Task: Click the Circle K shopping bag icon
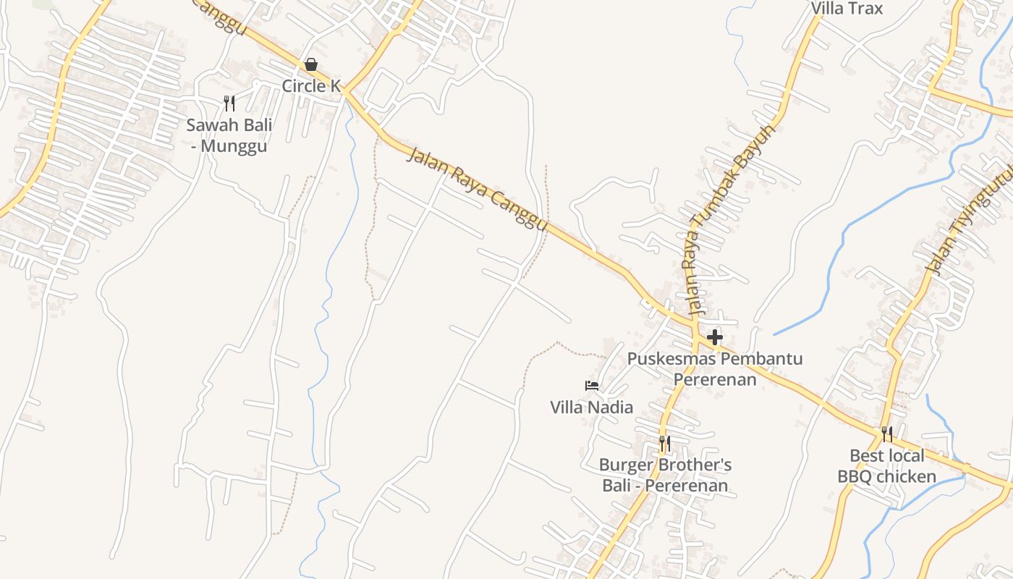click(x=311, y=64)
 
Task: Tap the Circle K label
click(x=311, y=85)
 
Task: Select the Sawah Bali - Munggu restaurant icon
click(x=229, y=103)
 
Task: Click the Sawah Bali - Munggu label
click(x=229, y=135)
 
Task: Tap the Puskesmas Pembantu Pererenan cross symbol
click(x=715, y=337)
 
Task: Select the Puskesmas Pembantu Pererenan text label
click(x=715, y=368)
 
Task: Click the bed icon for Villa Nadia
click(x=592, y=386)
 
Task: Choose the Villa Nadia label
click(x=592, y=407)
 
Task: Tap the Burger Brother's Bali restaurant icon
click(x=664, y=443)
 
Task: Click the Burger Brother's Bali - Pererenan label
click(x=665, y=475)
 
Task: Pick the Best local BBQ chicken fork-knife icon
click(x=887, y=434)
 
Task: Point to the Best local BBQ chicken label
click(x=887, y=466)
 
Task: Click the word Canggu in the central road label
click(x=518, y=211)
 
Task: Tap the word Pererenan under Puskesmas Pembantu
click(x=715, y=379)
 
